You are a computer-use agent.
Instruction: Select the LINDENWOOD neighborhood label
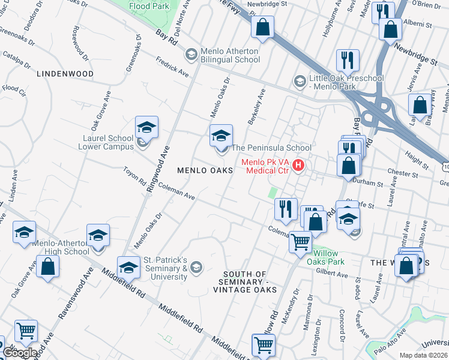tap(65, 74)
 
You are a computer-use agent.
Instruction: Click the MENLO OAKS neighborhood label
tap(205, 171)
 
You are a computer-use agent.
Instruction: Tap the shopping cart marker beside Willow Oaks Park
tap(301, 243)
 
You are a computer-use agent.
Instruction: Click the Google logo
tap(20, 353)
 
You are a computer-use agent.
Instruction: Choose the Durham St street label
tap(368, 183)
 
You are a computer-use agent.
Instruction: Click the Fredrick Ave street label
tap(172, 67)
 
